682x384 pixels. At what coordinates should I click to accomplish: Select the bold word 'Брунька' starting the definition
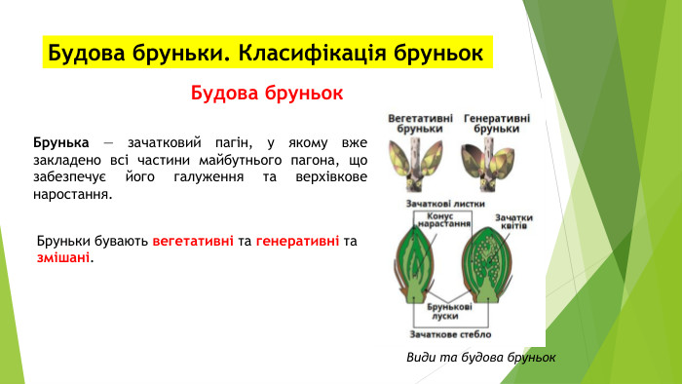pos(61,142)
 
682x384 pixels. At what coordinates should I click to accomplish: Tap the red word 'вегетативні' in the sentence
pos(193,241)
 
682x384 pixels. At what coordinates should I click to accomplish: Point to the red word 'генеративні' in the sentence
pos(297,241)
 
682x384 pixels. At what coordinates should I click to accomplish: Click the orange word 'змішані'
pos(63,257)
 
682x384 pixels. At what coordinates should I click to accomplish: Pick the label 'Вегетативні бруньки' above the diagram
pos(420,122)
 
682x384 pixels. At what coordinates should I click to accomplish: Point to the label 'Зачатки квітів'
pos(512,223)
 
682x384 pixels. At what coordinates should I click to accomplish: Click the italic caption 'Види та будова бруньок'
pos(480,357)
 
